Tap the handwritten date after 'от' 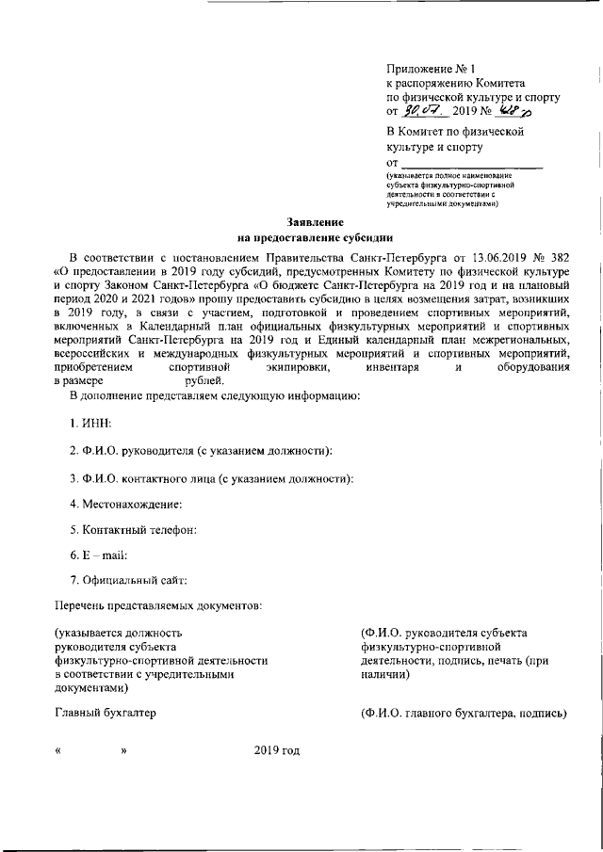click(425, 112)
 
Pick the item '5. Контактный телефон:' click(132, 530)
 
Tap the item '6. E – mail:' click(98, 555)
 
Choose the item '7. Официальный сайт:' click(129, 580)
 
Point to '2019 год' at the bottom click(276, 750)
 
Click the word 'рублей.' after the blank click(204, 380)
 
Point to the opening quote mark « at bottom click(58, 751)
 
